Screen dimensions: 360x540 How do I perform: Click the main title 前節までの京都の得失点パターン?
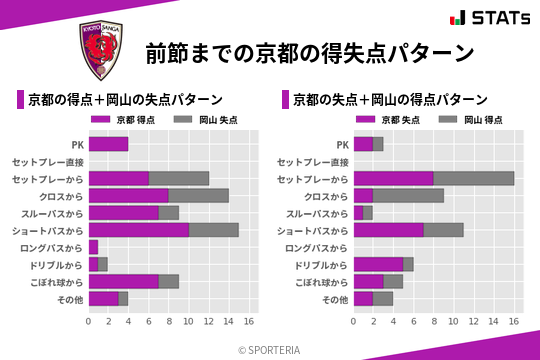pyautogui.click(x=309, y=52)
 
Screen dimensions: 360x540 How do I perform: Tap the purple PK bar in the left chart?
pyautogui.click(x=108, y=144)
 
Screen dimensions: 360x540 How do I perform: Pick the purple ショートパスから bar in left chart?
pyautogui.click(x=138, y=230)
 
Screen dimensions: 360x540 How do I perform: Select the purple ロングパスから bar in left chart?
pyautogui.click(x=93, y=247)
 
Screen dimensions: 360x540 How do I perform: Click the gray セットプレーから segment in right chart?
pyautogui.click(x=473, y=178)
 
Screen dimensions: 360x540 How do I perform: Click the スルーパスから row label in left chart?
pyautogui.click(x=53, y=213)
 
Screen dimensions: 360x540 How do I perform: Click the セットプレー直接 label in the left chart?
pyautogui.click(x=47, y=161)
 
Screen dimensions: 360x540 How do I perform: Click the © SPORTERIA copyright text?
pyautogui.click(x=270, y=349)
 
